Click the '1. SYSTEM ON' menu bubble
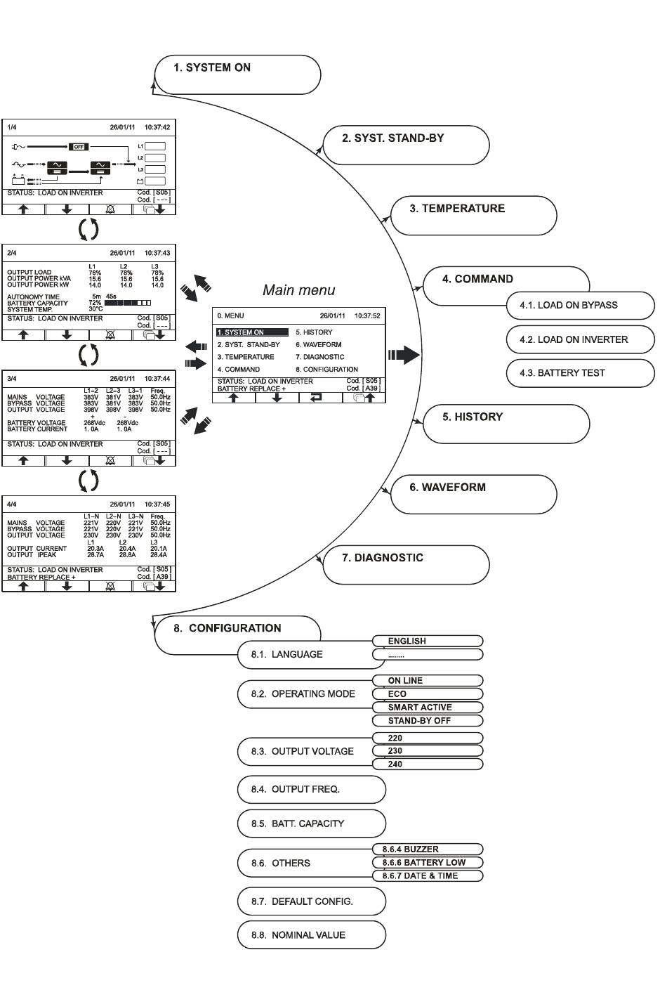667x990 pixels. click(x=237, y=74)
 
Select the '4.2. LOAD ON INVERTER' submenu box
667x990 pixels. click(x=580, y=339)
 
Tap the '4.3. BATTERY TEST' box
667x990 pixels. click(x=580, y=373)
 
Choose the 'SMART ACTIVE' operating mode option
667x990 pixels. click(x=428, y=707)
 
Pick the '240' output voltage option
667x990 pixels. click(x=428, y=764)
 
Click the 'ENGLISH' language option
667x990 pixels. click(x=428, y=641)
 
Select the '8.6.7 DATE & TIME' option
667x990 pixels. click(x=428, y=875)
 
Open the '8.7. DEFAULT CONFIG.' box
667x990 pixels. click(x=312, y=901)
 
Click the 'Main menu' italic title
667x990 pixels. click(x=298, y=290)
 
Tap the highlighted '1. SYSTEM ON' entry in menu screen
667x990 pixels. click(x=252, y=332)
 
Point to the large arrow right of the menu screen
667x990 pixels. click(x=404, y=355)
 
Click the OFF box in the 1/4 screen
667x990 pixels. click(x=79, y=147)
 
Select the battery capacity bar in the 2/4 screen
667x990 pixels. click(x=128, y=303)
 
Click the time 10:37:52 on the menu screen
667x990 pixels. click(x=367, y=316)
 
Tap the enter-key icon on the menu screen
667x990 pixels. click(x=316, y=397)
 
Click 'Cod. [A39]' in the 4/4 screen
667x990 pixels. click(x=154, y=577)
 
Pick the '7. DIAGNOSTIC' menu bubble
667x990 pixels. click(x=406, y=565)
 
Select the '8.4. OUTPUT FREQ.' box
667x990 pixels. click(x=312, y=789)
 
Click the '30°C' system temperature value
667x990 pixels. click(x=95, y=309)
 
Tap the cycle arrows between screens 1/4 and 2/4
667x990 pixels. click(x=88, y=229)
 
